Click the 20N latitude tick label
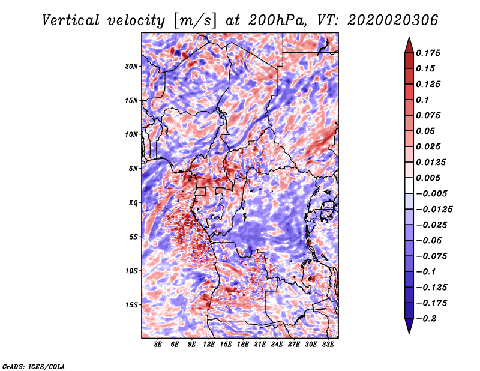131,66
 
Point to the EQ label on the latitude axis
133,202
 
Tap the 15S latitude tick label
131,304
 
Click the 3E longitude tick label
158,345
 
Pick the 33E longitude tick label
328,345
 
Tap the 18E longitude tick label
242,345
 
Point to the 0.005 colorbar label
430,178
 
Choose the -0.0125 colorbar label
436,209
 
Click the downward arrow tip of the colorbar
409,332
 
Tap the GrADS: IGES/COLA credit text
33,366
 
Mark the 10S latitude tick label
131,271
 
